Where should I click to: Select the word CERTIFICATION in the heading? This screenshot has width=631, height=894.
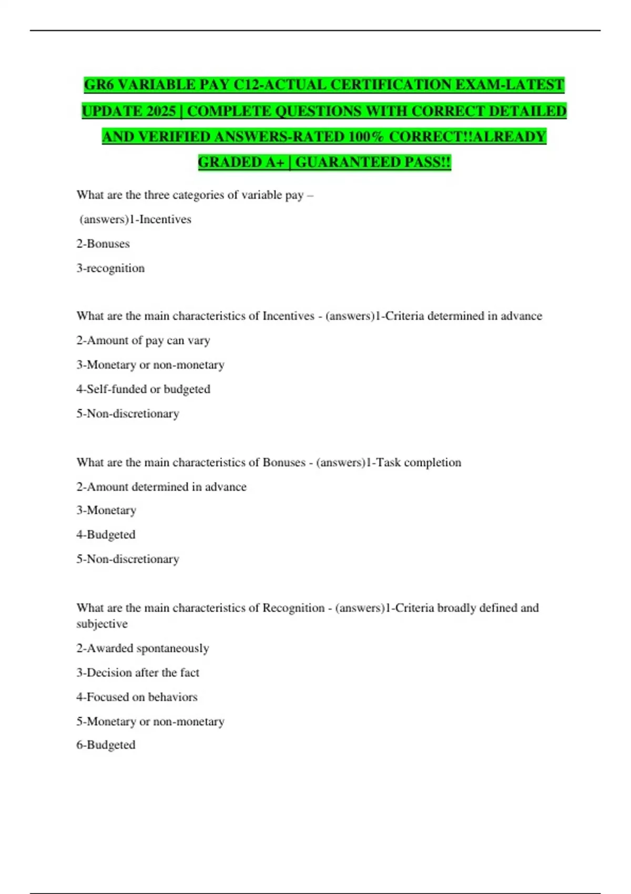(x=387, y=85)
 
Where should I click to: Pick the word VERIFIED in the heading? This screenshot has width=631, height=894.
(x=173, y=137)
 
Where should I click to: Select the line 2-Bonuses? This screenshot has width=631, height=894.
(x=103, y=244)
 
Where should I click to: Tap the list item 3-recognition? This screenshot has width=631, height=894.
(x=110, y=268)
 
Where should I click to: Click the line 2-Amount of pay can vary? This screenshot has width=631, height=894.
(x=143, y=341)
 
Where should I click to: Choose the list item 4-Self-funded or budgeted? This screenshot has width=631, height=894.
(x=143, y=389)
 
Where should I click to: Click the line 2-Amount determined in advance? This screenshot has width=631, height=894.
(x=161, y=487)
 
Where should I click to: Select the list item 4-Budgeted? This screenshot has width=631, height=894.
(x=106, y=535)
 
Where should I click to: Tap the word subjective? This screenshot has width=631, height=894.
(x=102, y=624)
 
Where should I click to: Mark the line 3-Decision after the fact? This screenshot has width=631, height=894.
(x=138, y=673)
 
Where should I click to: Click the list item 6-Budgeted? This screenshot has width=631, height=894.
(x=106, y=745)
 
